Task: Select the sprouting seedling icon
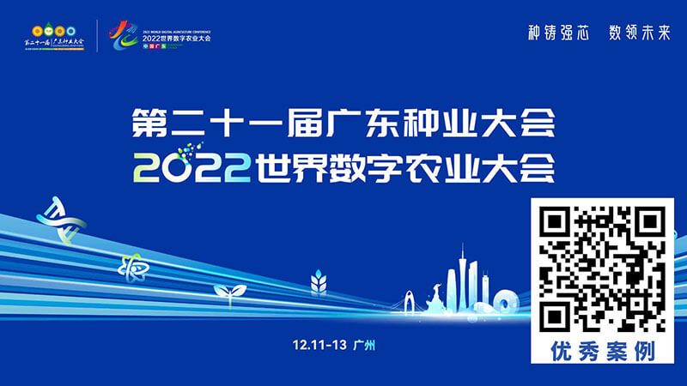pyautogui.click(x=229, y=293)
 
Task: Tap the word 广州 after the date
pyautogui.click(x=365, y=344)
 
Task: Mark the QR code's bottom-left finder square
pyautogui.click(x=556, y=317)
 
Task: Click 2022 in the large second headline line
pyautogui.click(x=191, y=166)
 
